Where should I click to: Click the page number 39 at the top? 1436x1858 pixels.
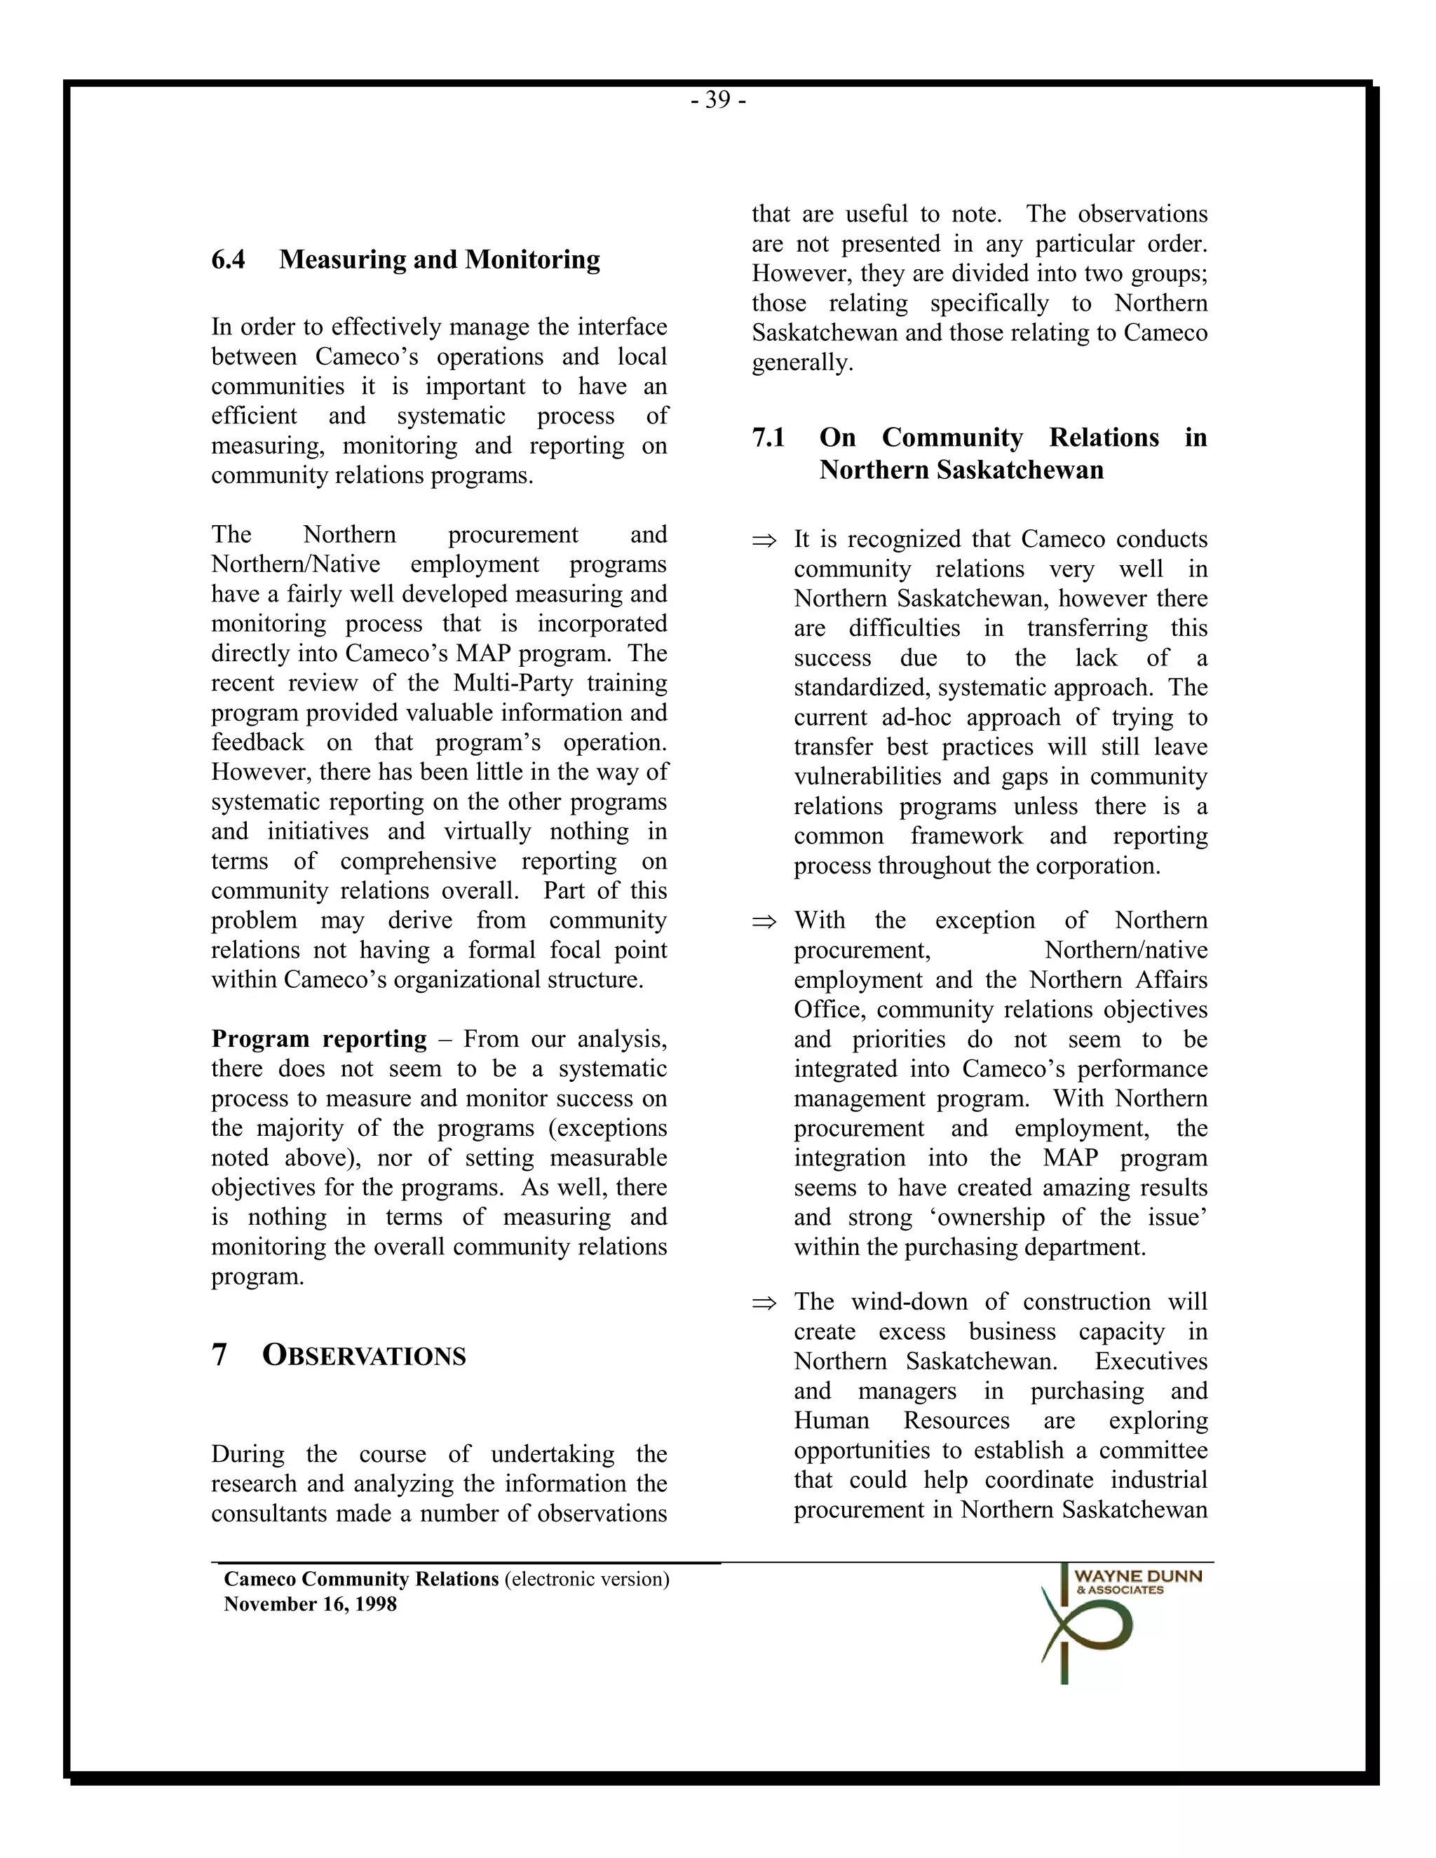(x=718, y=100)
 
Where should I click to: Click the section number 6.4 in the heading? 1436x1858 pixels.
(x=228, y=259)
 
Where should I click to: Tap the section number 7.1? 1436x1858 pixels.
(x=768, y=438)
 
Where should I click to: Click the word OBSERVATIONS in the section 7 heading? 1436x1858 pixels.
(x=364, y=1356)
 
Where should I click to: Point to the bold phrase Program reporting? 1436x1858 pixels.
(x=319, y=1039)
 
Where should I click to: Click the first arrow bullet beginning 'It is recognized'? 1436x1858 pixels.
(x=764, y=540)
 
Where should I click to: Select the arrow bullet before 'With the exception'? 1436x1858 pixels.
(x=764, y=921)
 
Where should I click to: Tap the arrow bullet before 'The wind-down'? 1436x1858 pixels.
(x=764, y=1303)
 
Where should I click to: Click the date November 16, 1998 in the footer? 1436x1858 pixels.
(x=311, y=1604)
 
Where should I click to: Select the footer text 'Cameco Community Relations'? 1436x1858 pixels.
(x=360, y=1580)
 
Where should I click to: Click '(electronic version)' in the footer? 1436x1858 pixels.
(x=587, y=1580)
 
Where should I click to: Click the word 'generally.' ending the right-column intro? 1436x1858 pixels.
(x=801, y=363)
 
